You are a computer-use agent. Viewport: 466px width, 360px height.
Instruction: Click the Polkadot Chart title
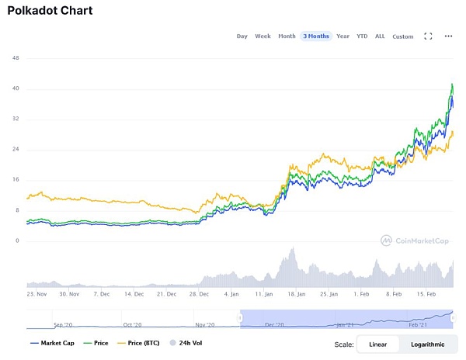[x=50, y=12]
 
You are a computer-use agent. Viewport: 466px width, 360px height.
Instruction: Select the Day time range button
[x=242, y=36]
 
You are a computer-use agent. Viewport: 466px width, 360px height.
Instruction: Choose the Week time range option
[x=263, y=36]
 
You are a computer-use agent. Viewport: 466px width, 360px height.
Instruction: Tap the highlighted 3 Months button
[x=316, y=36]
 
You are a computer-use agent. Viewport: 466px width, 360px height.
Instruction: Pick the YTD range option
[x=362, y=36]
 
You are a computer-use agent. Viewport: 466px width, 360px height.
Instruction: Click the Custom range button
[x=403, y=36]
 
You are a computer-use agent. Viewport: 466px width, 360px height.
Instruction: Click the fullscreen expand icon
[x=428, y=36]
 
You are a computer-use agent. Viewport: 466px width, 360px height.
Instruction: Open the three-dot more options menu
[x=448, y=36]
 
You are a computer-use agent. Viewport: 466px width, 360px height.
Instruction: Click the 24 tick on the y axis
[x=16, y=149]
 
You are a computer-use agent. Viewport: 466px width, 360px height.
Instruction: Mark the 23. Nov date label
[x=37, y=295]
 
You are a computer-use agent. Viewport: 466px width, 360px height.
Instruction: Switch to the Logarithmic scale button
[x=428, y=344]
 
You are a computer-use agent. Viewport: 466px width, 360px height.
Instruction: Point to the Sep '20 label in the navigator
[x=62, y=325]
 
